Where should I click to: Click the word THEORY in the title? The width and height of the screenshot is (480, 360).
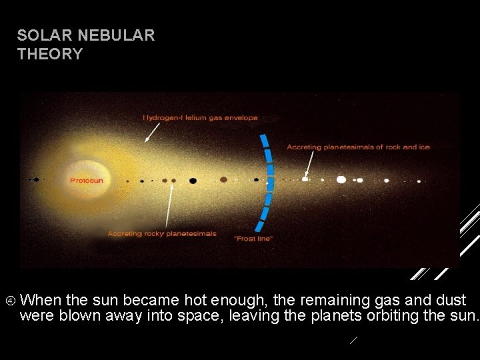(50, 54)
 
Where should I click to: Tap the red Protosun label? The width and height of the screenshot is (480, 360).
(87, 180)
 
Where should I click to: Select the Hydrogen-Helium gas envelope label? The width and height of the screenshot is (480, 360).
(200, 117)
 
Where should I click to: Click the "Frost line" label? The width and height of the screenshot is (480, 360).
(253, 238)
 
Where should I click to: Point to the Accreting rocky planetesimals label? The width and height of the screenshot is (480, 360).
(162, 233)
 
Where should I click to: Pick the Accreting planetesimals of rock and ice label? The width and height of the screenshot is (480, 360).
(358, 147)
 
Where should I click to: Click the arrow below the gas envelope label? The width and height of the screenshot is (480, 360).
(152, 133)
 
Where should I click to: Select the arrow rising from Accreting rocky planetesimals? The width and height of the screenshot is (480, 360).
(169, 207)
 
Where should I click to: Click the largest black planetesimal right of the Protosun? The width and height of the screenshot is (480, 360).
(193, 180)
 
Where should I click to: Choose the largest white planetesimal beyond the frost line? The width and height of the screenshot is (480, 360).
(341, 179)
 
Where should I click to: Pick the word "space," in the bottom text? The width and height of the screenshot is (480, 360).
(200, 315)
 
